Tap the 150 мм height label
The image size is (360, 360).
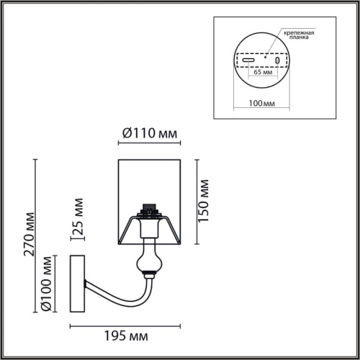204,199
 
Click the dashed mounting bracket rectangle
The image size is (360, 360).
261,53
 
